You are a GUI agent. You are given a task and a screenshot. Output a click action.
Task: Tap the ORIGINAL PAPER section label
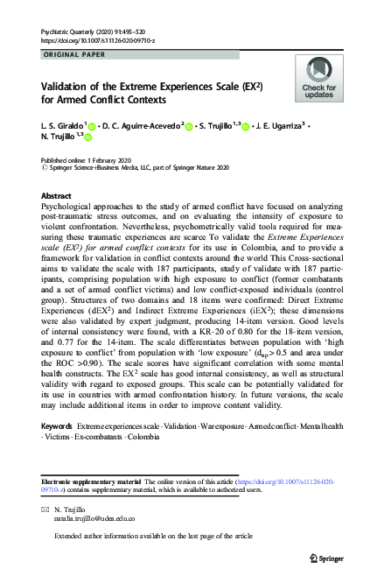coord(75,54)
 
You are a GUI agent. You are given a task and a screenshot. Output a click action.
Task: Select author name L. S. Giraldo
coord(60,126)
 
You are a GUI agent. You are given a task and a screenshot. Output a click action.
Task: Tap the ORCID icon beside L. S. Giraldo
coord(92,127)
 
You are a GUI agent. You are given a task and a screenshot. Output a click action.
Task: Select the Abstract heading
coord(57,196)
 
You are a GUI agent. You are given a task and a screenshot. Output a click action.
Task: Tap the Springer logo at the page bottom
coord(327,556)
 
